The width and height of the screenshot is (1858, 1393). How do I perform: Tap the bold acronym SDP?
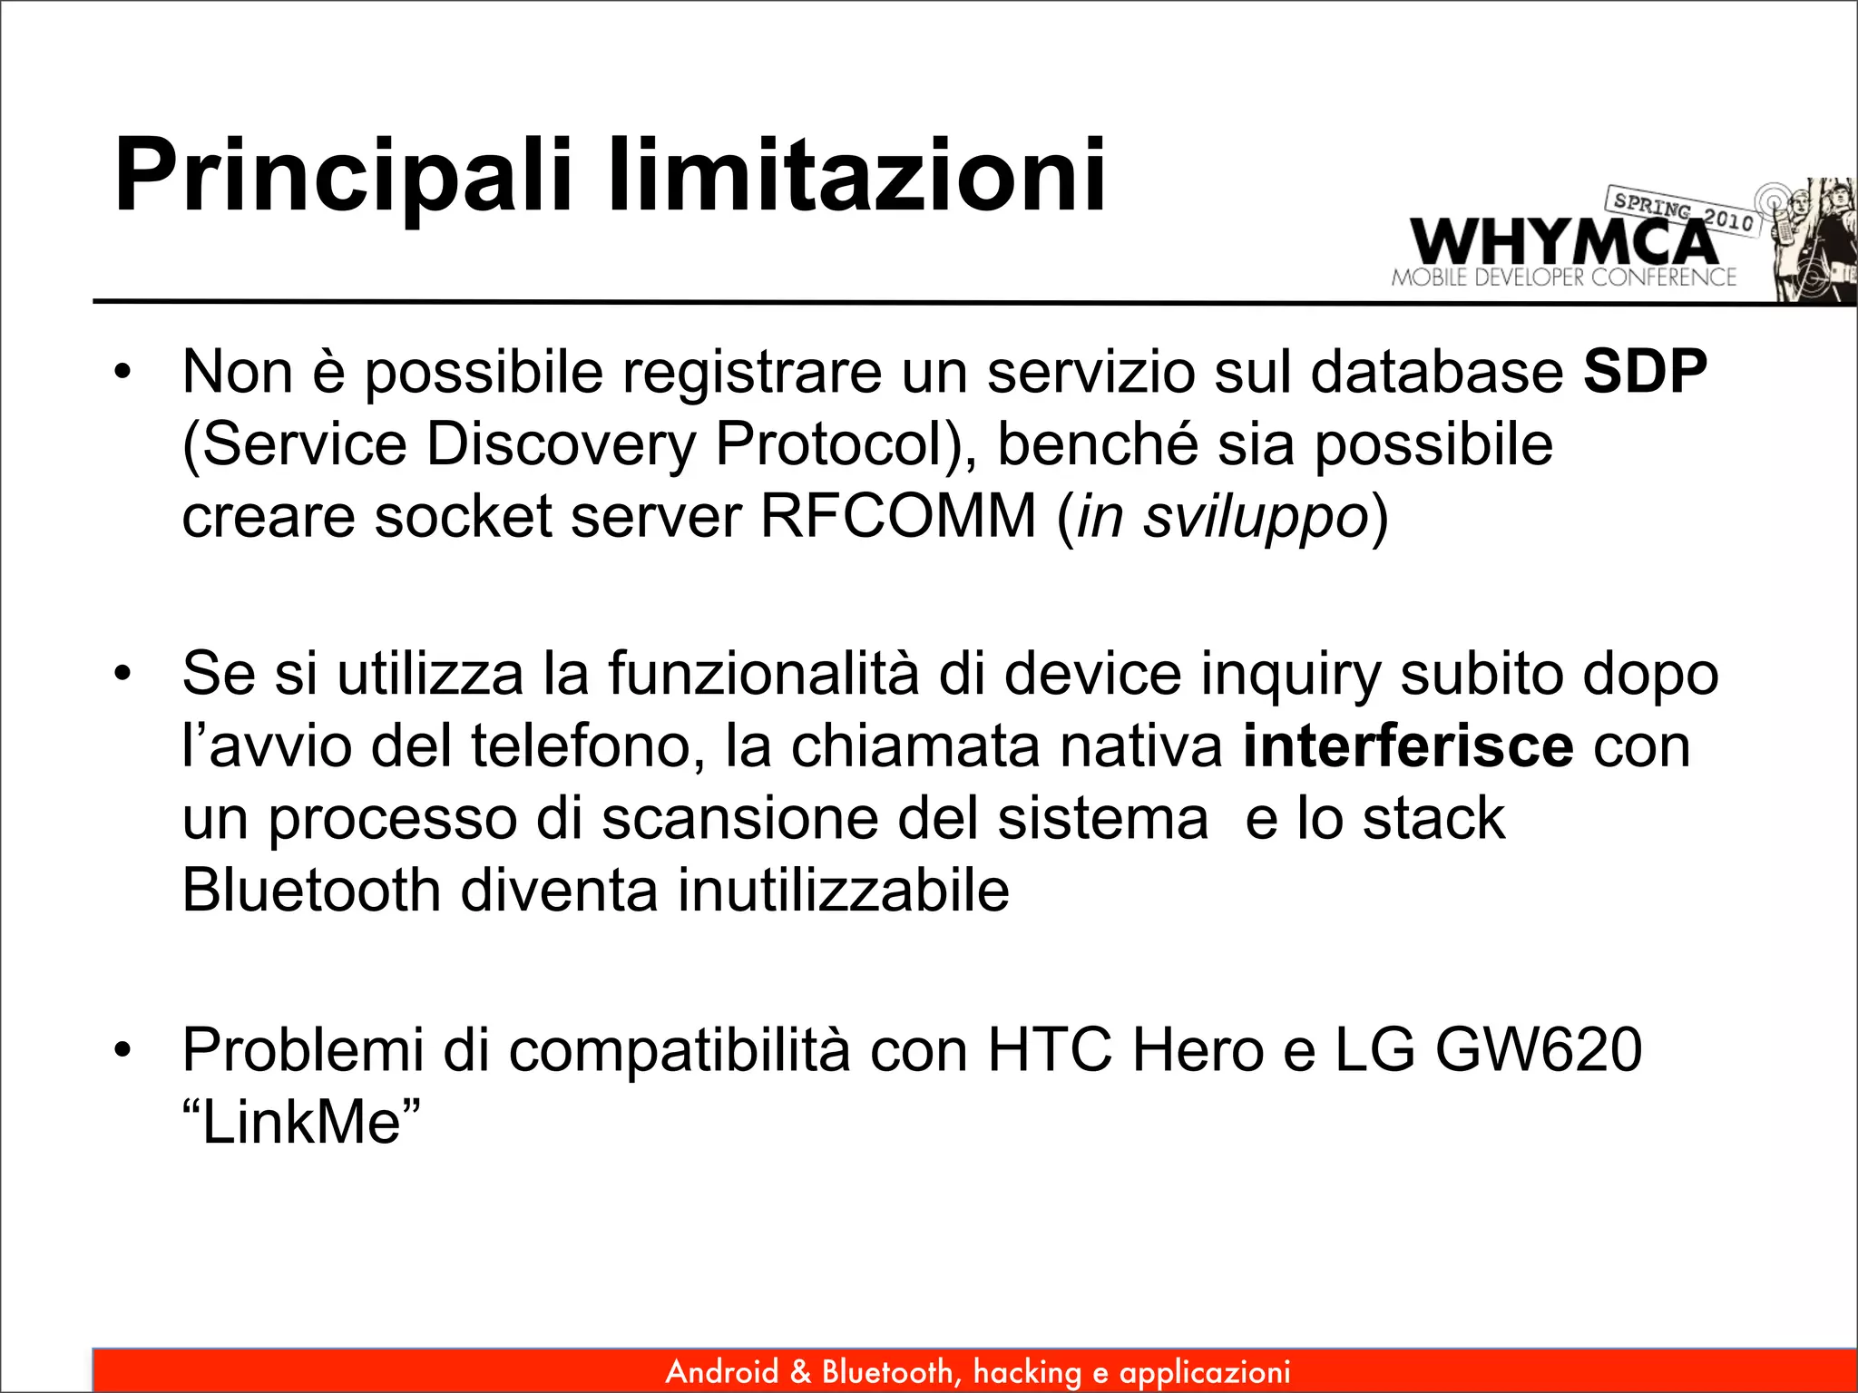pyautogui.click(x=1645, y=372)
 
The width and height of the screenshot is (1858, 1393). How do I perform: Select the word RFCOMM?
pyautogui.click(x=897, y=516)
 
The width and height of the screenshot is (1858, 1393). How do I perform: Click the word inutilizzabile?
pyautogui.click(x=844, y=890)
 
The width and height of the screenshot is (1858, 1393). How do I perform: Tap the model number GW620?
pyautogui.click(x=1539, y=1050)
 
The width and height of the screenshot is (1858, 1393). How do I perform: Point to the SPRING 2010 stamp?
pyautogui.click(x=1683, y=211)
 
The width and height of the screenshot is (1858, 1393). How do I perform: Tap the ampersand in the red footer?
pyautogui.click(x=800, y=1371)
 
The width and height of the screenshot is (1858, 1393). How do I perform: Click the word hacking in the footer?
pyautogui.click(x=1027, y=1372)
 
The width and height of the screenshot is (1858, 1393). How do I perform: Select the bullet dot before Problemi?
pyautogui.click(x=123, y=1050)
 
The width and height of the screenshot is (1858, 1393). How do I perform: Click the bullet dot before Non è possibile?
pyautogui.click(x=123, y=372)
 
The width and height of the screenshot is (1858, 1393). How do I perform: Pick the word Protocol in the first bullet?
pyautogui.click(x=838, y=444)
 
